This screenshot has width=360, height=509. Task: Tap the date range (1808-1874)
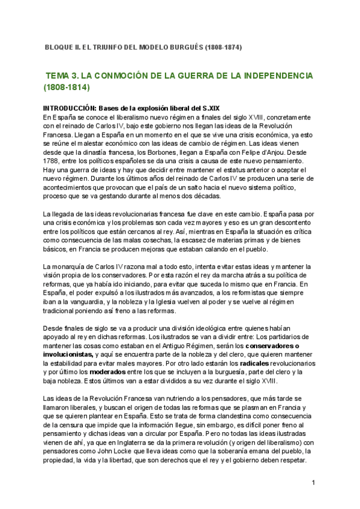click(224, 47)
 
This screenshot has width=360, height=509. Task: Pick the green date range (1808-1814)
click(66, 88)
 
